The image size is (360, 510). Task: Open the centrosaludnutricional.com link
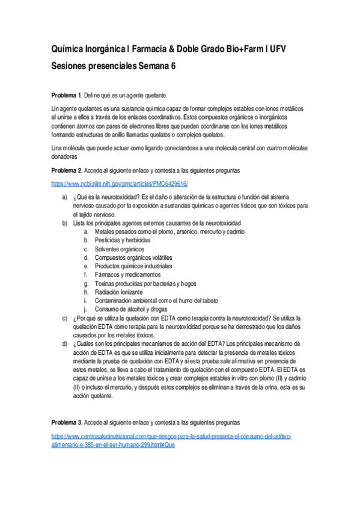172,435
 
